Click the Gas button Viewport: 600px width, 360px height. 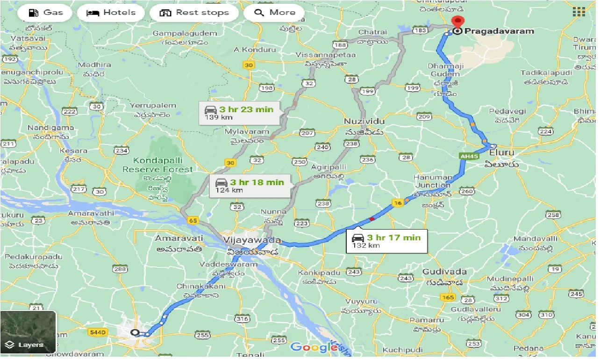coord(45,13)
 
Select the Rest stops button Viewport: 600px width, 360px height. coord(194,13)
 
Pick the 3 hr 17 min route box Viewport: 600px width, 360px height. coord(386,241)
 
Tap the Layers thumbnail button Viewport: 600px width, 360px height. coord(28,332)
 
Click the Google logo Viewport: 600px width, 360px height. coord(314,347)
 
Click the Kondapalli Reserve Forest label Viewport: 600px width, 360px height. coord(157,165)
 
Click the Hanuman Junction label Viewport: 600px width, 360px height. coord(433,181)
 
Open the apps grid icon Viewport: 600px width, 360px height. coord(579,13)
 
